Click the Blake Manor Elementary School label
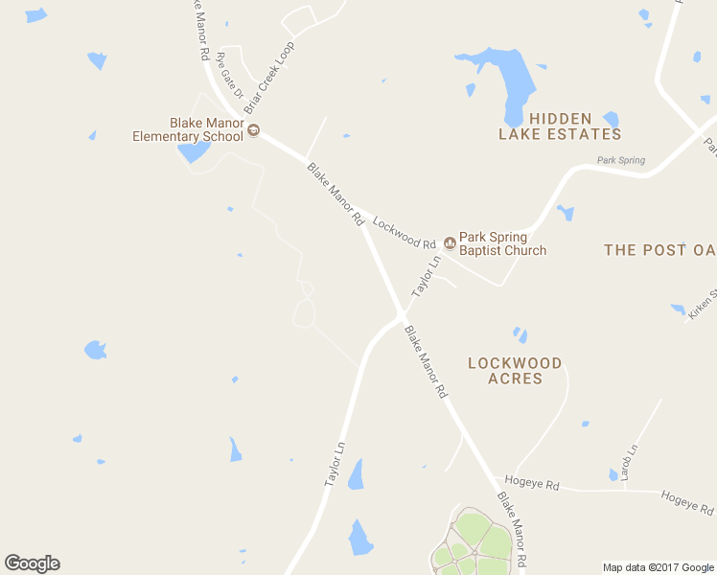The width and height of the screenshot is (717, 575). click(x=188, y=129)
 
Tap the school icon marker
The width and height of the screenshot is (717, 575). click(x=254, y=130)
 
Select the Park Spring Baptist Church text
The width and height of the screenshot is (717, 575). click(x=502, y=243)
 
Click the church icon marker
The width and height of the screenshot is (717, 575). click(x=450, y=242)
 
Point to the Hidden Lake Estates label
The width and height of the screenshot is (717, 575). click(x=560, y=126)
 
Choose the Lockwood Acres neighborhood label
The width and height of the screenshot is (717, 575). click(x=515, y=370)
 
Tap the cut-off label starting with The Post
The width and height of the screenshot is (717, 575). click(x=659, y=250)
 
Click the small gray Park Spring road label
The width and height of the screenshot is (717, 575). click(x=620, y=160)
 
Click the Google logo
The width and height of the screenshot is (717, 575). click(x=32, y=563)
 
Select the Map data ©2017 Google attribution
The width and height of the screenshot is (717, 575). click(x=659, y=567)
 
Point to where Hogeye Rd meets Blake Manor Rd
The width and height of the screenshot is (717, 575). click(x=492, y=477)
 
